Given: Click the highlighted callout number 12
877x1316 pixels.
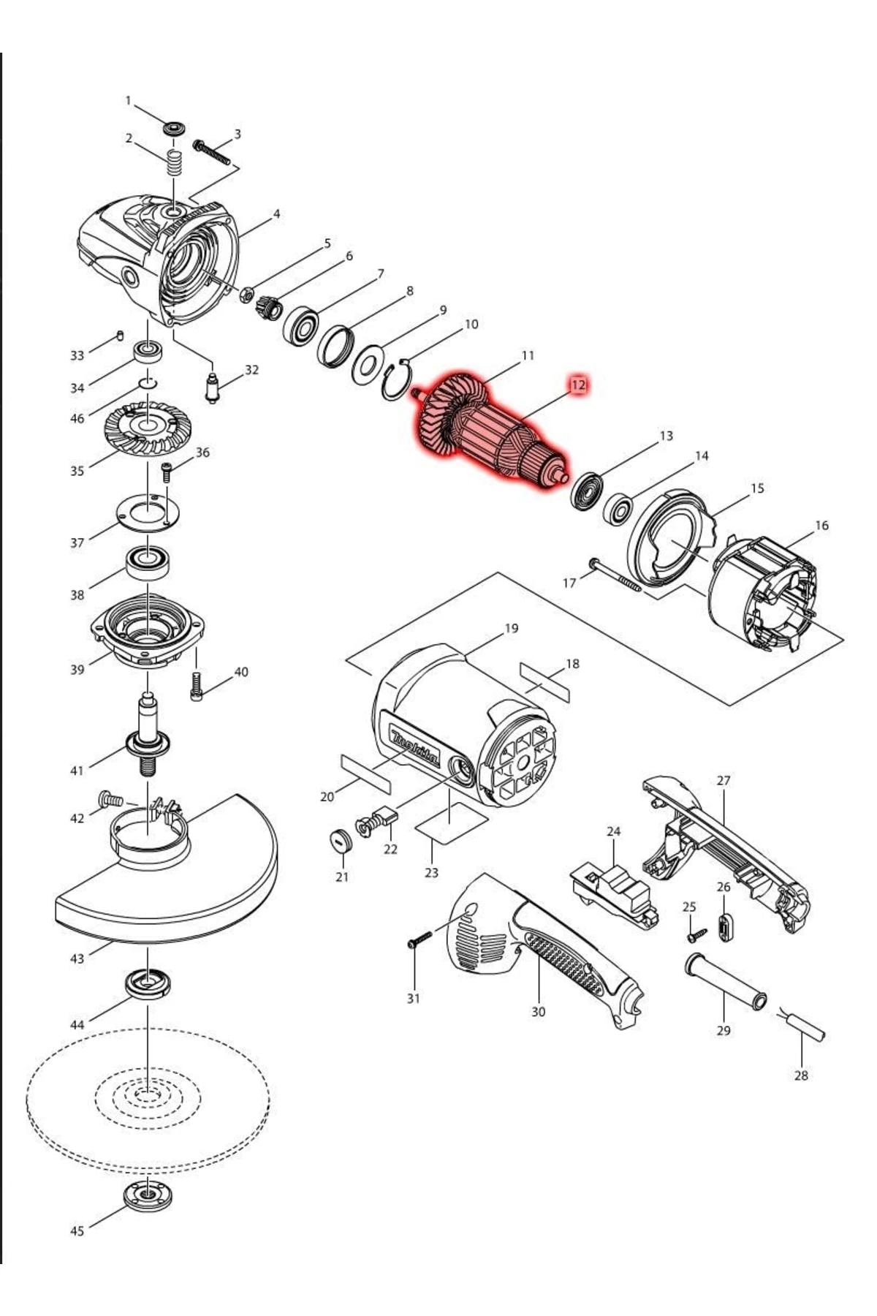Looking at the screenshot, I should (x=578, y=385).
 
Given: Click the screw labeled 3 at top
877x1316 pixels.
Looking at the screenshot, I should (x=212, y=152).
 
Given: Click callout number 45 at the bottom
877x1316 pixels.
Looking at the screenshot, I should (x=77, y=1231).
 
